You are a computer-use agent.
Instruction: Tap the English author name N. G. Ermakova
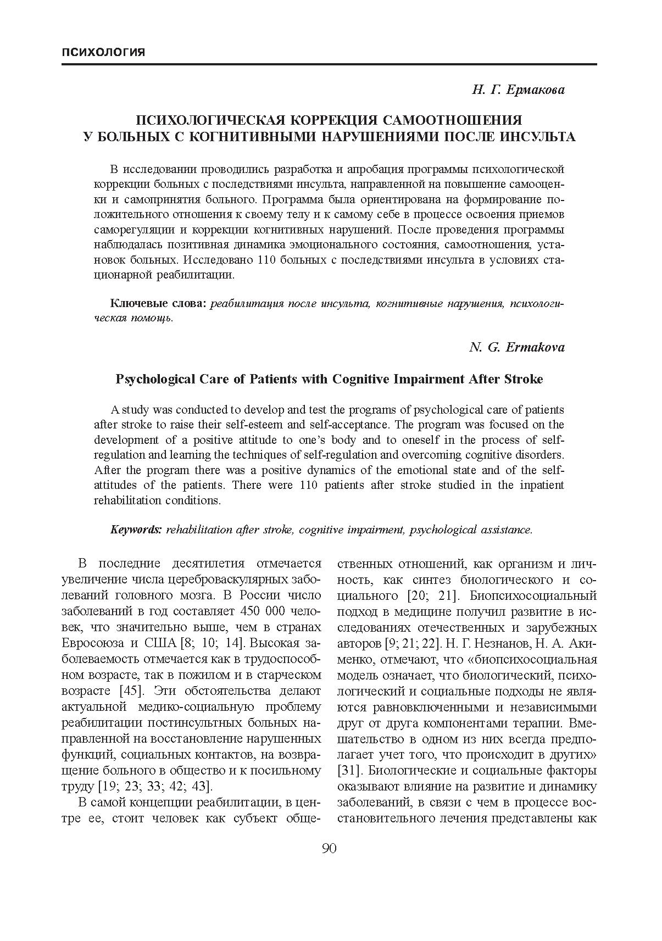pyautogui.click(x=516, y=347)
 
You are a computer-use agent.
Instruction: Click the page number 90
pyautogui.click(x=329, y=849)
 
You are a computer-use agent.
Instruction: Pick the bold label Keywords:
pyautogui.click(x=136, y=530)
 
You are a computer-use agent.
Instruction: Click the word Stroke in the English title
pyautogui.click(x=525, y=379)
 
